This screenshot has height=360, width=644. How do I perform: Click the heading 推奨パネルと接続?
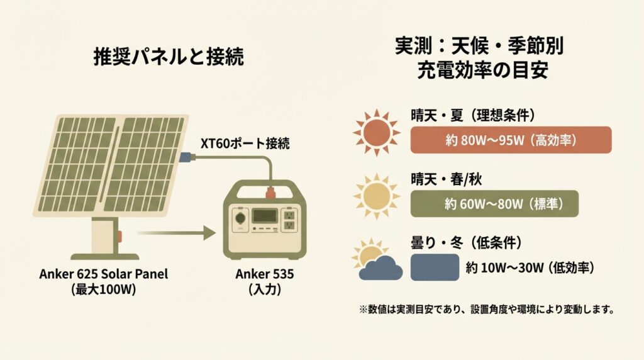169,56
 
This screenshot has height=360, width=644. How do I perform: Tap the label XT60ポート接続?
245,143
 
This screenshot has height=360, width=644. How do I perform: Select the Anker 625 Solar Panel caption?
104,274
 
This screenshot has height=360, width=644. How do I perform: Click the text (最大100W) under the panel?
104,290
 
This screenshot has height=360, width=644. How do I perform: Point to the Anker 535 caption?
265,274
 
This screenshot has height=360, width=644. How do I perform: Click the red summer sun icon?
376,132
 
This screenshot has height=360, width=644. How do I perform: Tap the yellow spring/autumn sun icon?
376,196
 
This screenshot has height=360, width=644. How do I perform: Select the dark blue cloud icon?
380,268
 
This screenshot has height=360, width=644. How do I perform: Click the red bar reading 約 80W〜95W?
511,140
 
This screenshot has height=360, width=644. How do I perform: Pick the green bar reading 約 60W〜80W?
494,204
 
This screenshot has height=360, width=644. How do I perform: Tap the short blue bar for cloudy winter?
435,267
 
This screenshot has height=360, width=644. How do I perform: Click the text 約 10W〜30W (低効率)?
530,268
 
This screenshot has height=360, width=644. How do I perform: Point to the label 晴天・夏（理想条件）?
473,115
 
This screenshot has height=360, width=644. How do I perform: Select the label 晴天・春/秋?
446,179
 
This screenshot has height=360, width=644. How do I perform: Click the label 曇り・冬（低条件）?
467,243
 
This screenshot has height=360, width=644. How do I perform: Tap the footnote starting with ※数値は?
486,309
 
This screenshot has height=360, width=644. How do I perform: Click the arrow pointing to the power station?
177,233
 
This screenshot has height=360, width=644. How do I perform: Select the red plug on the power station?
270,193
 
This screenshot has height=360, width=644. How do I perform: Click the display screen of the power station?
265,216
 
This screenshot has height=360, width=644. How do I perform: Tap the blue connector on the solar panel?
185,157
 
